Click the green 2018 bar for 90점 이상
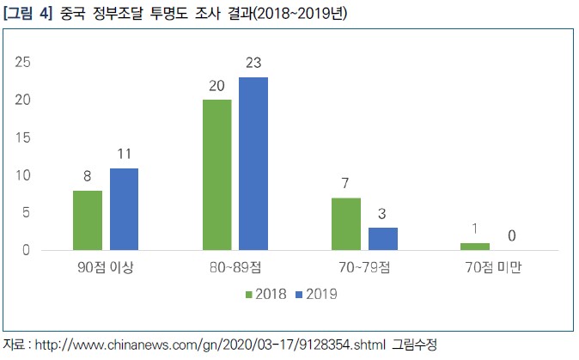pos(88,220)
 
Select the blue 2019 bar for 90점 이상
pos(124,209)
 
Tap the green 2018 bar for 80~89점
pos(217,174)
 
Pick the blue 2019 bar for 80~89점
pos(253,163)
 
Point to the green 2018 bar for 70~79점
pos(346,223)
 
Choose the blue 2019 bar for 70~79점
pos(382,239)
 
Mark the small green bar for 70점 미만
pos(475,247)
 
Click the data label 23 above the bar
pos(253,63)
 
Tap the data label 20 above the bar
pos(217,86)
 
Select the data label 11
pos(124,155)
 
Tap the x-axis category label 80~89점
pos(235,267)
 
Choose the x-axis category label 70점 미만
pos(493,267)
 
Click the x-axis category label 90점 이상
pos(106,267)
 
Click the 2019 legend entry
pos(315,294)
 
